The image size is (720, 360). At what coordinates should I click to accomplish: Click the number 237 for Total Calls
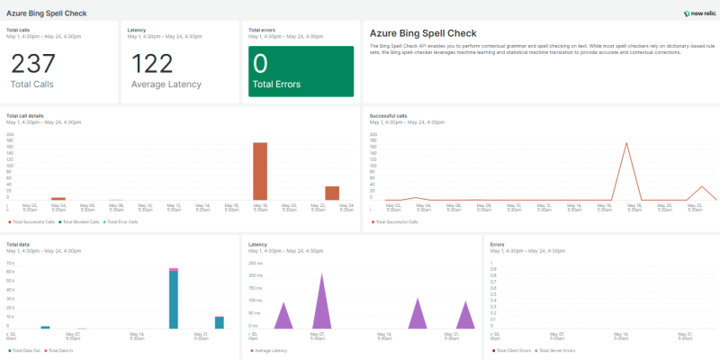coord(33,64)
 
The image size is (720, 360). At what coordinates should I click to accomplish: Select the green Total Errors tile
coord(301,71)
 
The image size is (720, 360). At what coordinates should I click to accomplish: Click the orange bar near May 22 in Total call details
coord(332,193)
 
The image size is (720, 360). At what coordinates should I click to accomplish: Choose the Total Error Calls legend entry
coord(123,220)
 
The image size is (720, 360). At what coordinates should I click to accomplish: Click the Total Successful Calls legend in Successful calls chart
coord(398,220)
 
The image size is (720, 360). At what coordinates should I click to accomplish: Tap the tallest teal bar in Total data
coord(174,300)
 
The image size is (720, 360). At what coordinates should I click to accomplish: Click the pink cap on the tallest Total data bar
coord(174,268)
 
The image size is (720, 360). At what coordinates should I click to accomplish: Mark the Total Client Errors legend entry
coord(515,349)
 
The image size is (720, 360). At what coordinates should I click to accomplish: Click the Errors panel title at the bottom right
coord(498,244)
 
